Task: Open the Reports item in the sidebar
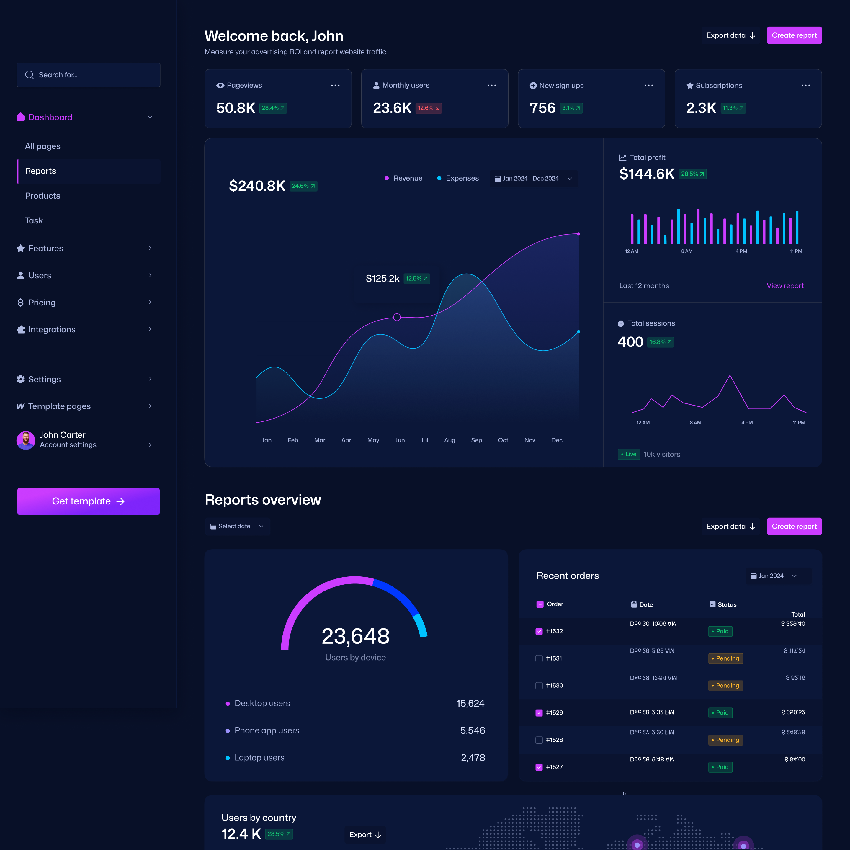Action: (40, 171)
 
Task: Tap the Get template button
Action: (89, 501)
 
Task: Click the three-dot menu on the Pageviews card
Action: (335, 85)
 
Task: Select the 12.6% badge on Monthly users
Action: (428, 108)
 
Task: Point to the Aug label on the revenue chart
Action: (449, 440)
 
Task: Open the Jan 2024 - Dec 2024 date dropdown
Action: (533, 179)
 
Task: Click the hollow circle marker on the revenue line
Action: (397, 317)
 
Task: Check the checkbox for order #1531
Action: (539, 659)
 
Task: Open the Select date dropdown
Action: (237, 527)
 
